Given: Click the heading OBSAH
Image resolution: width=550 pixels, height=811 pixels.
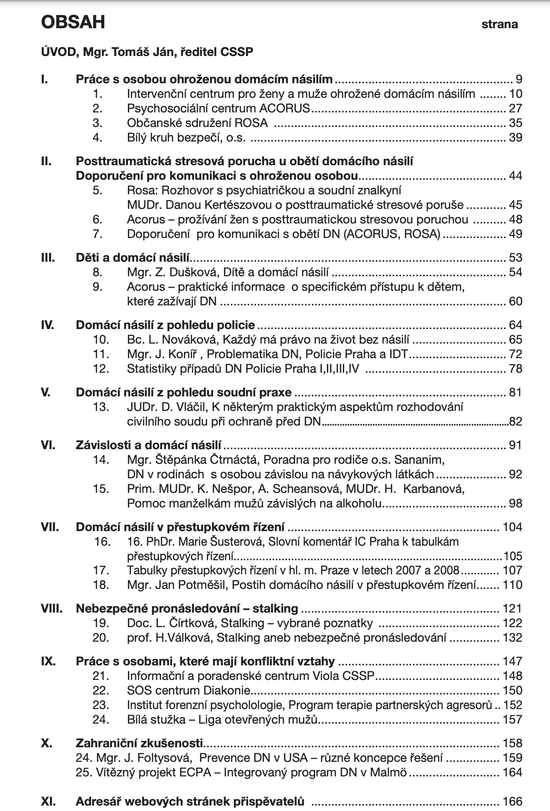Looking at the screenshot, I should click(73, 22).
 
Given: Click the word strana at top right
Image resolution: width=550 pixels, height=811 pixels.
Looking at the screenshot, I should click(499, 25).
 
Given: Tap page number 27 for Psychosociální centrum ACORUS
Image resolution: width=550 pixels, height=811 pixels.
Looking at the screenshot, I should click(515, 108).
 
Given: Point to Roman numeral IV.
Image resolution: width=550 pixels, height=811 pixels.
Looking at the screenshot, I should click(47, 325).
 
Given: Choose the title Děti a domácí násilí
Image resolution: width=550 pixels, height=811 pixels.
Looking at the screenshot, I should click(132, 258).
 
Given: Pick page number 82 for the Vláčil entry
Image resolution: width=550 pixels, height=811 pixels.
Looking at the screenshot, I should click(515, 421).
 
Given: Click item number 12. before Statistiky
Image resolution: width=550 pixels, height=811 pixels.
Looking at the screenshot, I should click(101, 369).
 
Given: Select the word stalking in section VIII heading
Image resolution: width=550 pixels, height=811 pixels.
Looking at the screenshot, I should click(275, 608).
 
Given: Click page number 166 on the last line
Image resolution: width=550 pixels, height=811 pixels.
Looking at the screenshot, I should click(512, 801).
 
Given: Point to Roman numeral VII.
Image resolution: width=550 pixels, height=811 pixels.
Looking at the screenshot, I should click(50, 527).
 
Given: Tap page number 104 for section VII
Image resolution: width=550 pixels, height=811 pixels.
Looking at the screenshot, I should click(512, 527).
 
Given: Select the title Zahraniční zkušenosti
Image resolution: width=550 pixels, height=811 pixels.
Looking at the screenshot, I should click(139, 743).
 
